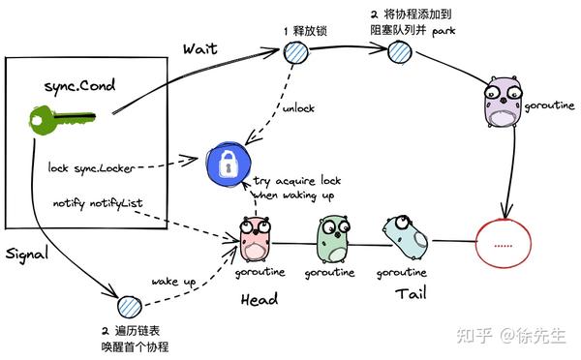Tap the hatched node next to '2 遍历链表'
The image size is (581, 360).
tap(129, 306)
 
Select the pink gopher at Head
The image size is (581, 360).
tap(256, 238)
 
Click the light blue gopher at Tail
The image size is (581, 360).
tap(400, 238)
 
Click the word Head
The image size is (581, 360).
tap(259, 300)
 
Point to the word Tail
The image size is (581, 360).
tap(412, 294)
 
